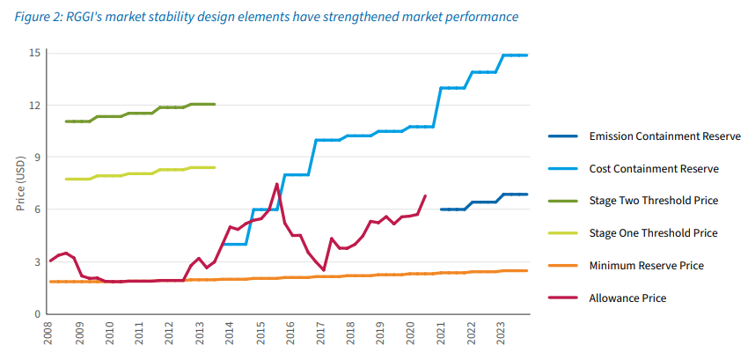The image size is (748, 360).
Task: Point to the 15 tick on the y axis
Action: click(x=35, y=53)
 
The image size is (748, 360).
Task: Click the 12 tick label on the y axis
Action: click(x=35, y=106)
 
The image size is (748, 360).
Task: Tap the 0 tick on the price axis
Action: click(x=38, y=314)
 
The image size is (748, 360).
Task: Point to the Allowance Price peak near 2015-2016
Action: click(x=277, y=184)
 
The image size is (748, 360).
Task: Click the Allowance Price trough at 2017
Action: click(x=324, y=270)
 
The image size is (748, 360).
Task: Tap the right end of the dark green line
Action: click(x=215, y=104)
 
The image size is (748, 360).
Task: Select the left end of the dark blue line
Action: click(x=441, y=209)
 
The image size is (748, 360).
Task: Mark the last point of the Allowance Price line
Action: click(x=425, y=195)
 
